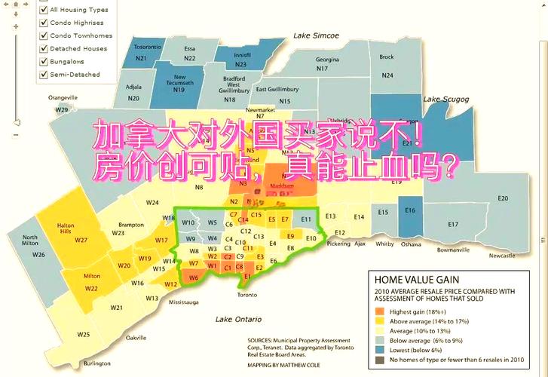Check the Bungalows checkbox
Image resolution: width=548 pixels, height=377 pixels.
pos(44,61)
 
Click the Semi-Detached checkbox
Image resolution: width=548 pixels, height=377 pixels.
pos(44,75)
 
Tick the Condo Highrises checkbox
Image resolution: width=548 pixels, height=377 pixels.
pos(44,23)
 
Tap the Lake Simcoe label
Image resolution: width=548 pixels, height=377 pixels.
pos(316,35)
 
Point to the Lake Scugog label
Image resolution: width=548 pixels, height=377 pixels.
pos(445,99)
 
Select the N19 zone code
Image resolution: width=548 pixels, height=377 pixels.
pos(179,90)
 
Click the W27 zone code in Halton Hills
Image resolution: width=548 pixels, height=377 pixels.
pos(81,241)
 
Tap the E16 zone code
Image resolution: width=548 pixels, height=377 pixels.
pos(410,210)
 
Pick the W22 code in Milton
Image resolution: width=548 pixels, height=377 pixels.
pos(91,288)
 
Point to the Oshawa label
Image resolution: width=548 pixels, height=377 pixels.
pos(411,244)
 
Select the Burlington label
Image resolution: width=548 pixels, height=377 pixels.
pos(96,363)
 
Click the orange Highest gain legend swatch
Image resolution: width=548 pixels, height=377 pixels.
pos(379,311)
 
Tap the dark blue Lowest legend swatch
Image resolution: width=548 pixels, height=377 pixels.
pos(379,350)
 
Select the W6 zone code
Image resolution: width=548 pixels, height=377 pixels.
pos(193,278)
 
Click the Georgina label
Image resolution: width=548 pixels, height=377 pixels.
pos(327,59)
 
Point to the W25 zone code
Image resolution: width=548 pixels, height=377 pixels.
pos(83,334)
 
